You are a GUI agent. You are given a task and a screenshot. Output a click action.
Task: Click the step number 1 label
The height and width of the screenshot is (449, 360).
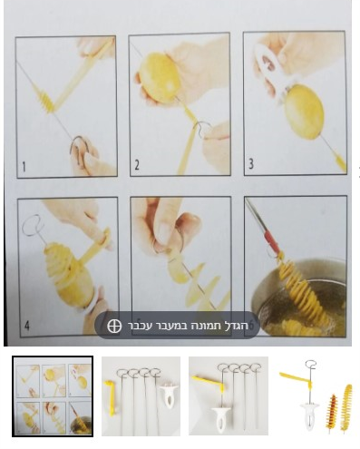[x=24, y=166]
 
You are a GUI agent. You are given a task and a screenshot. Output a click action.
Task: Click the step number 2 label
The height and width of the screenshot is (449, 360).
[x=136, y=167]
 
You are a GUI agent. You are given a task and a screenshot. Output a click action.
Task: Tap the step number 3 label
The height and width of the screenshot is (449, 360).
[x=251, y=167]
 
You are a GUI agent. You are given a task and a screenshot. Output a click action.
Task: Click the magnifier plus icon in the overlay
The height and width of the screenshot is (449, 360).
[x=114, y=326]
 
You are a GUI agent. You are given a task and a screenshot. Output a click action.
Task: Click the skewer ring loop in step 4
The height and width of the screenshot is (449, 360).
[x=34, y=221]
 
